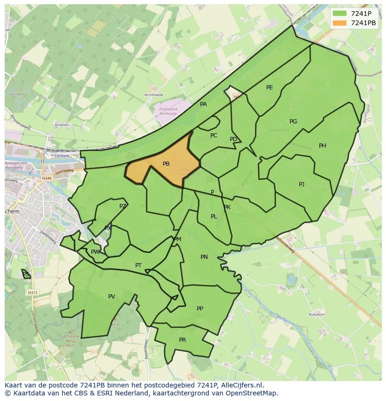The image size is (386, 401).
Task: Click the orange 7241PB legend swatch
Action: pos(339,23)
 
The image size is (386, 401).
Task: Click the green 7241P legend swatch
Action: pos(339,14)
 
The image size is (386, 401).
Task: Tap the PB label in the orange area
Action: pos(166,164)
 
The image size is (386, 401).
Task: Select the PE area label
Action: pos(269,88)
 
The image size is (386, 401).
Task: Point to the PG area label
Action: pos(293,122)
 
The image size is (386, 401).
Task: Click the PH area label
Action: pos(323,146)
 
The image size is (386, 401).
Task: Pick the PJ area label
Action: pos(302,184)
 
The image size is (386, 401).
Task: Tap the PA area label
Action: pos(203,104)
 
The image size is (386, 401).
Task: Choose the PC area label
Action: pos(214,136)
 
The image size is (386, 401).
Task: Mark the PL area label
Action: pos(214,217)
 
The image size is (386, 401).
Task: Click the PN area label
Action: pos(204,257)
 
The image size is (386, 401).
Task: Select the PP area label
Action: pos(200,308)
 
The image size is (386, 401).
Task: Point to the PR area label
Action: pos(182,340)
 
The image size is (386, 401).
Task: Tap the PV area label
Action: pos(111,297)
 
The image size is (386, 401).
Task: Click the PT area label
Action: pos(138,265)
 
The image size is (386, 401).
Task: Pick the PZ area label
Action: pos(123,206)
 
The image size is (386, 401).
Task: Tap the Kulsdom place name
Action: pos(317,315)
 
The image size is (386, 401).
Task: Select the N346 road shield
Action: pos(47,178)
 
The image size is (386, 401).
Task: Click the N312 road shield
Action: pos(32,292)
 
